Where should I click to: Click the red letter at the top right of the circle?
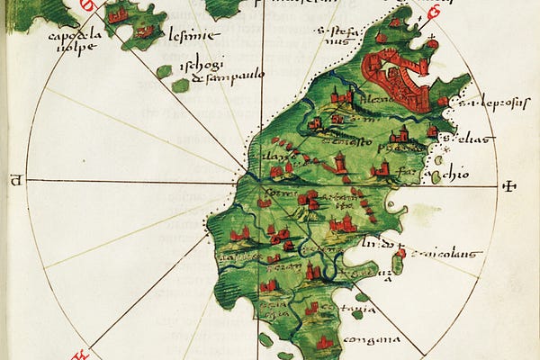click(x=433, y=13)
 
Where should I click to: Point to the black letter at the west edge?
click(x=15, y=180)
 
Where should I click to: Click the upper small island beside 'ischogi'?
click(x=163, y=71)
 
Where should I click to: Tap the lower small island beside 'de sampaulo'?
click(x=181, y=85)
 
